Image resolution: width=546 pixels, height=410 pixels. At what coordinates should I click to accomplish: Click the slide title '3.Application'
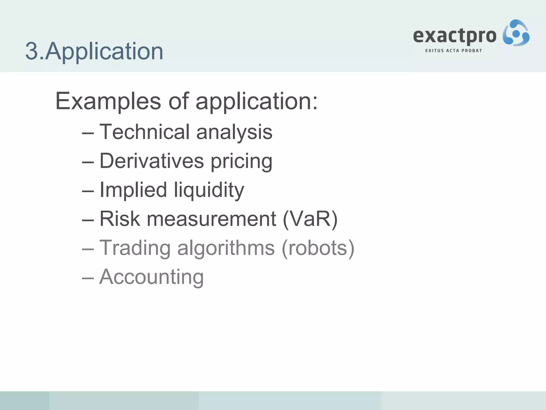coord(94,51)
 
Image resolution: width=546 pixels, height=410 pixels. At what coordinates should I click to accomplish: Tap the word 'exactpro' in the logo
coord(455,36)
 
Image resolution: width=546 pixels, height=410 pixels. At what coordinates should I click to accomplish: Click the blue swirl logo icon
coord(516,33)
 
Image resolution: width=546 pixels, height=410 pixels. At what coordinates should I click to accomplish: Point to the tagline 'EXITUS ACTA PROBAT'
coord(453,50)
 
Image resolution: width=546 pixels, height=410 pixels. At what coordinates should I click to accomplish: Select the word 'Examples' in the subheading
coord(108,101)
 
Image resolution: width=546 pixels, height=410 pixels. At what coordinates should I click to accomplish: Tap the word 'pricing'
coord(242,162)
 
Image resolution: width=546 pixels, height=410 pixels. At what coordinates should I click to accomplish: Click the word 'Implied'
coord(133,190)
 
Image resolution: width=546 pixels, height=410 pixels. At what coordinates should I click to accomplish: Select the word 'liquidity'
coord(209,191)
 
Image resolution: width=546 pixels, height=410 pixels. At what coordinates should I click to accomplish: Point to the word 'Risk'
coord(120,219)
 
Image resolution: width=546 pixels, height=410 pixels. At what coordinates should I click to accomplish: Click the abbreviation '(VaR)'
coord(310,219)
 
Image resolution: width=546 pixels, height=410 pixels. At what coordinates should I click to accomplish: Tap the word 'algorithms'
coord(226,248)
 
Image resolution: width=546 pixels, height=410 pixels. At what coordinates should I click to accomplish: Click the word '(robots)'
coord(318,248)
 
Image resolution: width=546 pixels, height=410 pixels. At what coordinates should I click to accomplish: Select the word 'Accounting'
coord(151,277)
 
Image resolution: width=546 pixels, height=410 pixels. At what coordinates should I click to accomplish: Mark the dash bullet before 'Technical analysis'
coord(88,133)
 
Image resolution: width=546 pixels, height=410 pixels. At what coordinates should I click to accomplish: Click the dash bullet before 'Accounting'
coord(88,278)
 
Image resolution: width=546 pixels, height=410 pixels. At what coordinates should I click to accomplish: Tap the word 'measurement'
coord(211,219)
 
